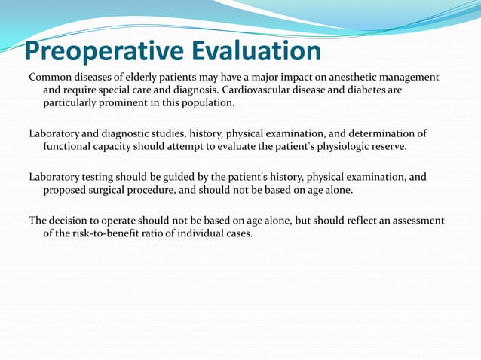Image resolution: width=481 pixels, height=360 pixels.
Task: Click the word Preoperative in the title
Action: pyautogui.click(x=95, y=50)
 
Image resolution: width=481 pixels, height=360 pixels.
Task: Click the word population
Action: pyautogui.click(x=209, y=102)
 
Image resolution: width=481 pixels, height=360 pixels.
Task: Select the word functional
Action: pyautogui.click(x=69, y=146)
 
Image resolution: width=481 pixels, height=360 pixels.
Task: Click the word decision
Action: pyautogui.click(x=73, y=221)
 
